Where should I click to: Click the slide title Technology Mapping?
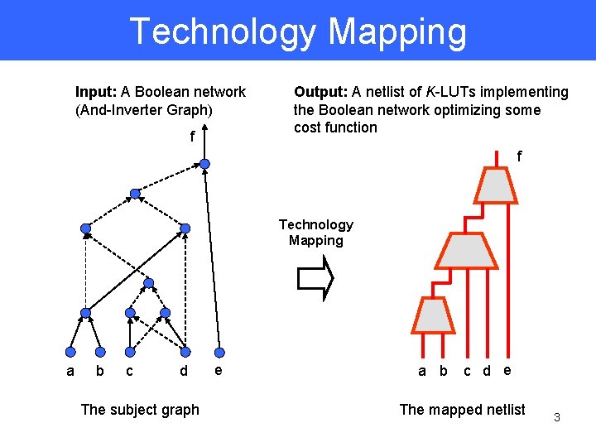[x=298, y=31]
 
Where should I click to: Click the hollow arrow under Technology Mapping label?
[x=315, y=277]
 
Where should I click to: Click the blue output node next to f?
[x=204, y=163]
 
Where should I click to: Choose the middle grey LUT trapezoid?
[x=467, y=250]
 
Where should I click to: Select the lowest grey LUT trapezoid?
[x=430, y=315]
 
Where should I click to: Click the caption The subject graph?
[x=140, y=409]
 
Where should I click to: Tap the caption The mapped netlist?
[x=462, y=409]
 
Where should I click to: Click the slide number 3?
[x=557, y=417]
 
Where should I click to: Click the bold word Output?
[x=320, y=92]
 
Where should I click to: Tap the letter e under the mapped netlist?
[x=507, y=369]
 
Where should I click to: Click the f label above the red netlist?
[x=519, y=156]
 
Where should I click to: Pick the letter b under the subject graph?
[x=100, y=371]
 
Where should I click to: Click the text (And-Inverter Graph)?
[x=144, y=109]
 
